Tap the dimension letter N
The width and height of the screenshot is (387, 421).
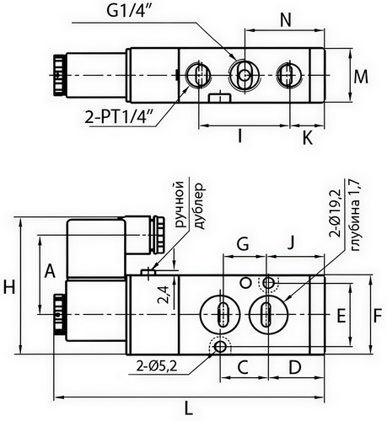pos(285,19)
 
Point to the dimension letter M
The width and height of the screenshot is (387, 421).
pos(361,77)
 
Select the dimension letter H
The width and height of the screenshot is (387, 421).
pos(10,287)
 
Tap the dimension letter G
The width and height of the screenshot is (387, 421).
pos(242,245)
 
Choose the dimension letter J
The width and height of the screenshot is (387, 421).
pos(290,245)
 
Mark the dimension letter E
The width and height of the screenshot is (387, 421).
pos(341,317)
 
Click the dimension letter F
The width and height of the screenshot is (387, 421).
pos(379,317)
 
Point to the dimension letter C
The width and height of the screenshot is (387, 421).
pos(241,367)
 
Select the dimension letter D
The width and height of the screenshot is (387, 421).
pos(294,367)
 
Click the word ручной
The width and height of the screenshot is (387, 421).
pos(177,205)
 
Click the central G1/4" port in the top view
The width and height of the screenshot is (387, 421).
pos(245,75)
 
